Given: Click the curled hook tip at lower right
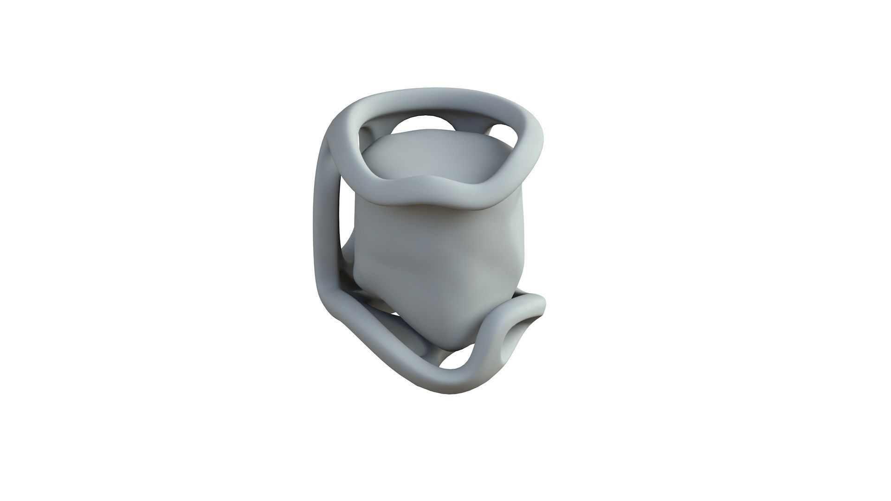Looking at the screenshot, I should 534,306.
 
